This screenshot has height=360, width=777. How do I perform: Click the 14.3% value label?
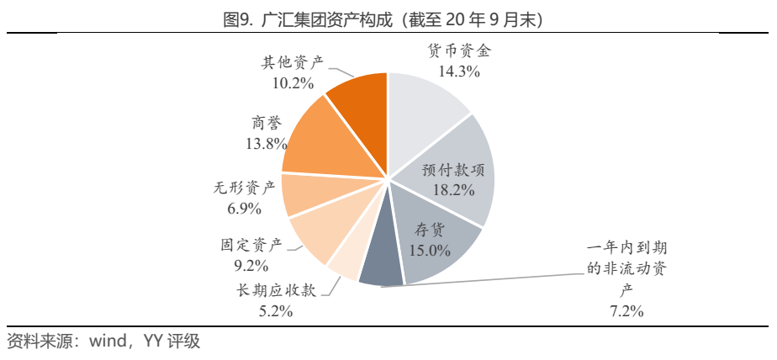pos(458,72)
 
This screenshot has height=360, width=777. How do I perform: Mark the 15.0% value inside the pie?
pos(430,250)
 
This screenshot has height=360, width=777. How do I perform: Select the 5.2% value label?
pos(274,311)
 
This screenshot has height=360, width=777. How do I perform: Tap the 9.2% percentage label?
pos(251,267)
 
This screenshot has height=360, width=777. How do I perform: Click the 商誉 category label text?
pos(266,122)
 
